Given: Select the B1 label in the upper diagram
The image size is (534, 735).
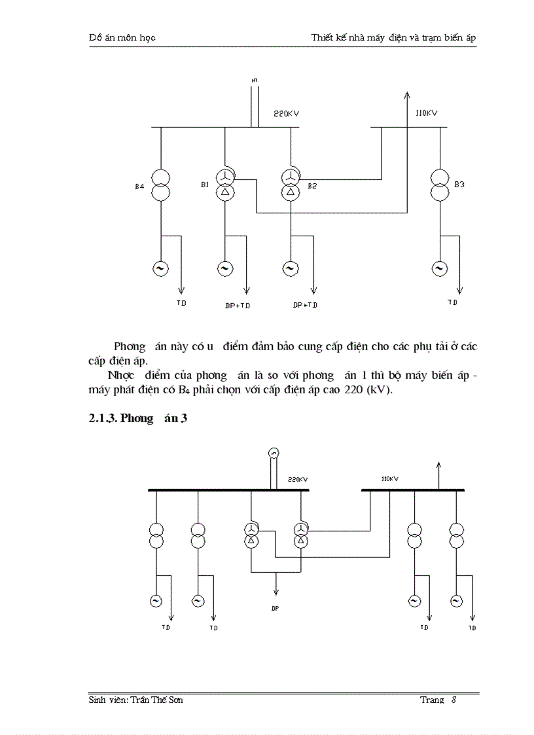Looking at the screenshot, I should click(205, 185).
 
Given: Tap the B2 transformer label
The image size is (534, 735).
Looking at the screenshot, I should click(312, 187).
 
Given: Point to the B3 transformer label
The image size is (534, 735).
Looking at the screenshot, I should click(459, 185).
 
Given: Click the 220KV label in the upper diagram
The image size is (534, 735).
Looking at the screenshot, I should click(287, 113).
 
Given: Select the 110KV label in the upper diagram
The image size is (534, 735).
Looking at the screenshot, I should click(426, 113).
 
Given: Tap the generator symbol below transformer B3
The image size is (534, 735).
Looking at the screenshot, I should click(438, 268).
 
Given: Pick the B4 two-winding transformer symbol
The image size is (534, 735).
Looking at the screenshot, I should click(160, 185).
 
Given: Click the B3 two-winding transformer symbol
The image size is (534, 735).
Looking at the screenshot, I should click(440, 185).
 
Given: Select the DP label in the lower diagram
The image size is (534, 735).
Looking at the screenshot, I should click(275, 609).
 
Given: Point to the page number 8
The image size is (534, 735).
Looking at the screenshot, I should click(454, 700).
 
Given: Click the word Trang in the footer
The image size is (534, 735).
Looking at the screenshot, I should click(432, 700).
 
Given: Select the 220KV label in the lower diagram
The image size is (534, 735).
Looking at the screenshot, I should click(298, 480).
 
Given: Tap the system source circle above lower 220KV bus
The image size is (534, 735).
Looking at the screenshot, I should click(274, 453).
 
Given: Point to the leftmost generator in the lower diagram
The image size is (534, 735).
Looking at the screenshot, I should click(156, 600).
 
